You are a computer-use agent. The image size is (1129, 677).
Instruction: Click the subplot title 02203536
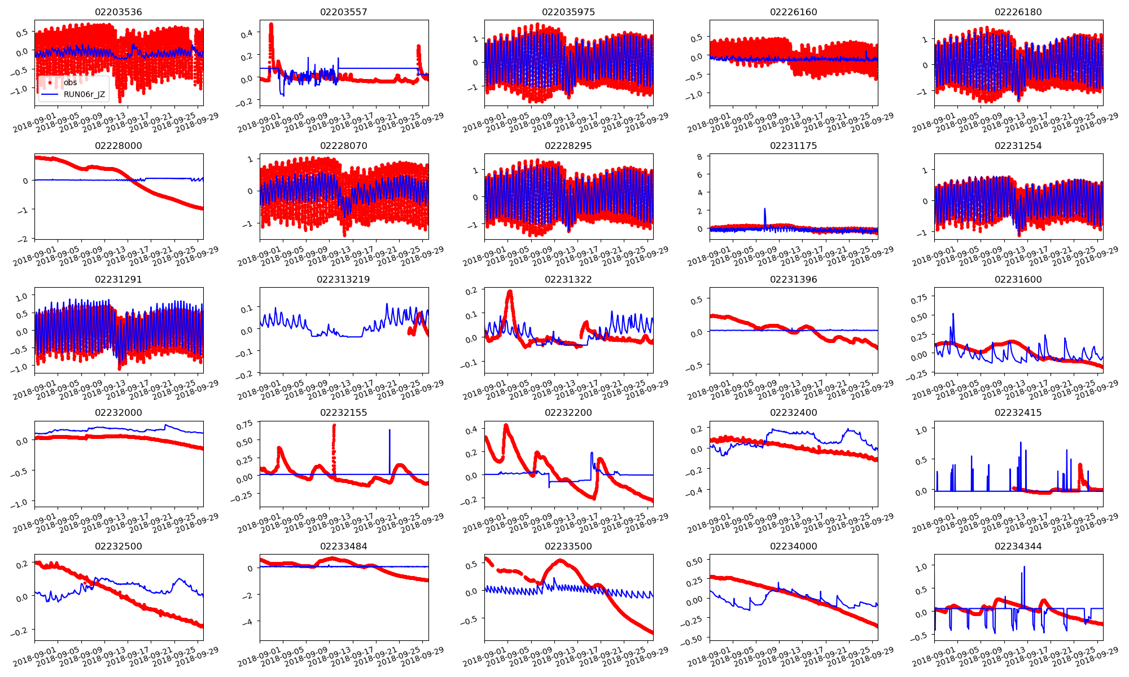coord(119,12)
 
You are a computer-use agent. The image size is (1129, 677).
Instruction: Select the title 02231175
coord(793,146)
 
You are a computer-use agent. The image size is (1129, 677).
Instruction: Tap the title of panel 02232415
coord(1018,412)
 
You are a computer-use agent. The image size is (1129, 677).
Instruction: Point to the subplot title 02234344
coord(1018,546)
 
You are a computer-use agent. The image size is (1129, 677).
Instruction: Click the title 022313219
coord(343,279)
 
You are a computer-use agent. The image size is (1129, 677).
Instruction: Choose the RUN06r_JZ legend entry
coord(84,94)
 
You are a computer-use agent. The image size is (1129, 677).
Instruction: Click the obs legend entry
coord(70,82)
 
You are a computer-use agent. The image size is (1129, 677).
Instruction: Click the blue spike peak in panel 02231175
coord(765,209)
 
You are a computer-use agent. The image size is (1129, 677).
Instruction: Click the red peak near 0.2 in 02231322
coord(510,292)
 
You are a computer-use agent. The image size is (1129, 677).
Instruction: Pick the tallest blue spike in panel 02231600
coord(953,314)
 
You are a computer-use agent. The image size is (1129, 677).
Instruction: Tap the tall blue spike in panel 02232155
coord(390,430)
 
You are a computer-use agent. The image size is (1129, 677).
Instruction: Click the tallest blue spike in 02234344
coord(1025,566)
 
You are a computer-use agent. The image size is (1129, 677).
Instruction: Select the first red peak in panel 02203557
coord(271,24)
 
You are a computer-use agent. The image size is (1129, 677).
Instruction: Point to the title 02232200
coord(568,412)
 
